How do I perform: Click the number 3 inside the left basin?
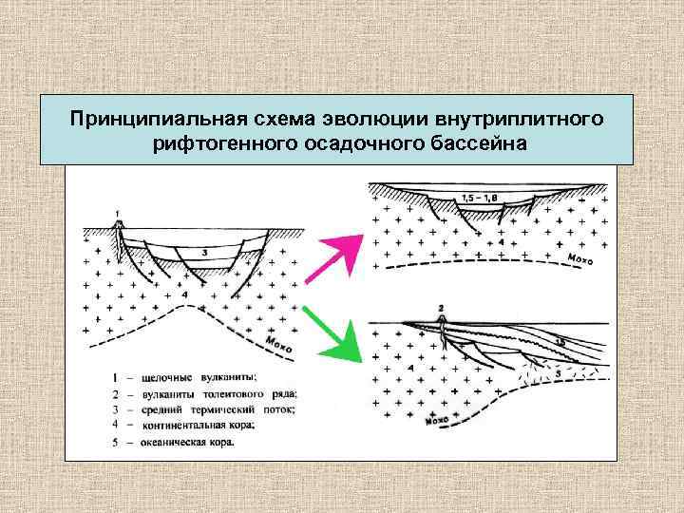pos(204,253)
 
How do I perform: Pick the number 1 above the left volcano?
pos(117,213)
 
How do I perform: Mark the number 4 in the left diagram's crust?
pos(186,295)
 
